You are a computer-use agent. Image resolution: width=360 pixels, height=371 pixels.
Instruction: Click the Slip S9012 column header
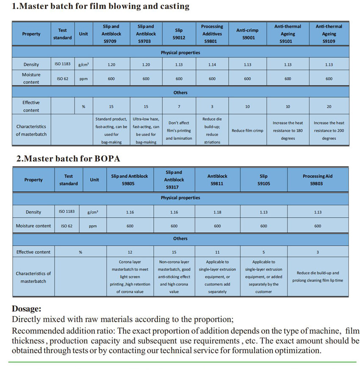point(179,34)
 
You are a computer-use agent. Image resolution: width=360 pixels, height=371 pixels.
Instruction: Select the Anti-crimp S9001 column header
point(247,34)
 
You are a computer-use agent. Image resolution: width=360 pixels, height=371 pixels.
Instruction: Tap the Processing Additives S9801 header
point(212,34)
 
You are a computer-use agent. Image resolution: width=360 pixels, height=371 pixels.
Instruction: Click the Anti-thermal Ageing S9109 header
point(329,34)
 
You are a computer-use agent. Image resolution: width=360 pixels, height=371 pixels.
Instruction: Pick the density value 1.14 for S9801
point(212,65)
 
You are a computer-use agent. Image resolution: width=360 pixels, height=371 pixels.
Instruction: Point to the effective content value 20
point(329,107)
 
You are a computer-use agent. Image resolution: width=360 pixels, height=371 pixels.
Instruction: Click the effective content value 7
point(179,107)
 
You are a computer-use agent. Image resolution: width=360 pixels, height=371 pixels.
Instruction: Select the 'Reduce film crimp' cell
point(247,130)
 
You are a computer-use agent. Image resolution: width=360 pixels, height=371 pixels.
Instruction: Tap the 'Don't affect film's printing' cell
point(179,130)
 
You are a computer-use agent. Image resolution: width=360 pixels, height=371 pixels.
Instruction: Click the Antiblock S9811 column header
point(217,180)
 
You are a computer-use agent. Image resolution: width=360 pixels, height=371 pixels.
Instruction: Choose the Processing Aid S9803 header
point(318,180)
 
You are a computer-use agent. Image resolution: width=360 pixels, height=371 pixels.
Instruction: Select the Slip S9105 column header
point(263,180)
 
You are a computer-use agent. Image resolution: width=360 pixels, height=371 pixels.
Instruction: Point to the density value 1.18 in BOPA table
point(217,212)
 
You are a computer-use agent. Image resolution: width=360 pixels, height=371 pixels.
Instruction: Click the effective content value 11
point(217,252)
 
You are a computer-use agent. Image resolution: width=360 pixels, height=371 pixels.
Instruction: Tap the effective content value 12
point(130,252)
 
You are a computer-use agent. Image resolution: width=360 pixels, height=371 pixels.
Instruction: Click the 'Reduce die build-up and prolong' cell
point(318,277)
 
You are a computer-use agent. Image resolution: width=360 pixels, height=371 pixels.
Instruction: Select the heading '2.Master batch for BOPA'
point(68,159)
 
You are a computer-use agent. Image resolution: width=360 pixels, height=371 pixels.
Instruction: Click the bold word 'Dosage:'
point(27,309)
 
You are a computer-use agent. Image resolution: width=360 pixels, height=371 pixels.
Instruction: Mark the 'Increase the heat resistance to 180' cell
point(288,130)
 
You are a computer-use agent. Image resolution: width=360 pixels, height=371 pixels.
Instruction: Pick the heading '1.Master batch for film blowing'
point(100,6)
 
